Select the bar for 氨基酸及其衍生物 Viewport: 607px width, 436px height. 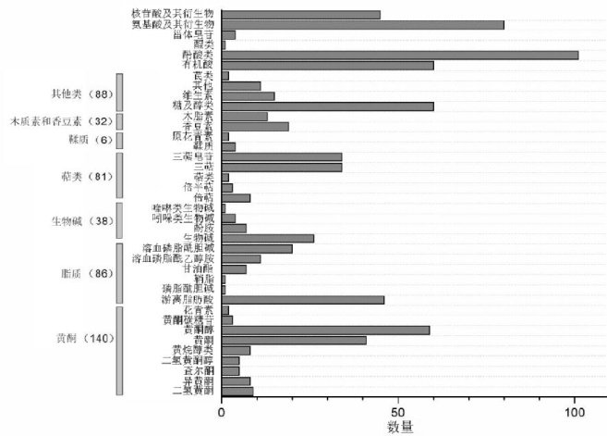click(x=363, y=25)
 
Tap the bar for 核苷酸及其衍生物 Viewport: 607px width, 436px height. click(x=301, y=15)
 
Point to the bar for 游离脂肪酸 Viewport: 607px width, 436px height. click(x=303, y=300)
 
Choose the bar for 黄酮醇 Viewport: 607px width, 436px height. click(x=325, y=330)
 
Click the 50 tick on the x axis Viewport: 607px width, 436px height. click(x=398, y=411)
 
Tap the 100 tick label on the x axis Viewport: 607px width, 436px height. click(x=575, y=411)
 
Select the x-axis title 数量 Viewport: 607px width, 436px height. click(x=399, y=426)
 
